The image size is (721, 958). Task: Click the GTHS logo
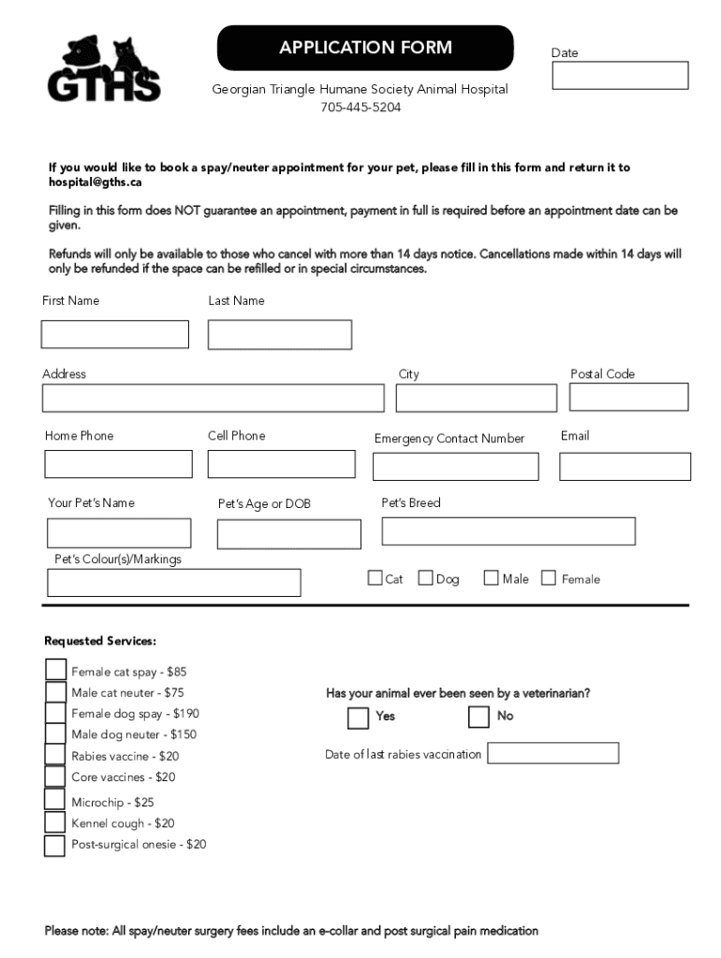(x=104, y=68)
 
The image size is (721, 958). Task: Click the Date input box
(x=620, y=76)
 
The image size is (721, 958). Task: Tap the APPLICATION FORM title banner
(x=365, y=48)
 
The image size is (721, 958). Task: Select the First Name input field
(x=115, y=334)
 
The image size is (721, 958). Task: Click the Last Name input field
(x=280, y=334)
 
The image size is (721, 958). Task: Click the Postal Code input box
(x=628, y=398)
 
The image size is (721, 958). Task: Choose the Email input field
(x=625, y=466)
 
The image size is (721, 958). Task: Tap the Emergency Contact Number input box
(x=456, y=466)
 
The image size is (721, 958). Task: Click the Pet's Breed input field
(x=508, y=530)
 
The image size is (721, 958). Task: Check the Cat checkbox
(x=375, y=578)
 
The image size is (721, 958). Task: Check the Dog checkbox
(x=426, y=578)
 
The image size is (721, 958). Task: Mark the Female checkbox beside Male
(x=549, y=578)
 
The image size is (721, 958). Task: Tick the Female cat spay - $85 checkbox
(x=55, y=670)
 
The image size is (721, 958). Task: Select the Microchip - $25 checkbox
(x=55, y=800)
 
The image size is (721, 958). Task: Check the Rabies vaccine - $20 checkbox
(x=55, y=755)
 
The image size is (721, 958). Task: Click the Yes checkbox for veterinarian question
(x=358, y=718)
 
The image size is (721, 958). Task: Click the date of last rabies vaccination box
(x=553, y=753)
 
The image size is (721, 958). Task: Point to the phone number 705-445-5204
(x=360, y=108)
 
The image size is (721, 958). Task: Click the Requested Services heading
(x=100, y=641)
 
